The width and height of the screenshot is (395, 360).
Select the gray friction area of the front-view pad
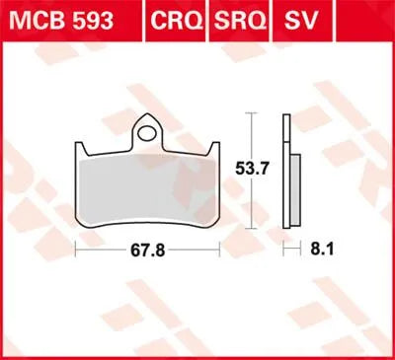pyautogui.click(x=148, y=192)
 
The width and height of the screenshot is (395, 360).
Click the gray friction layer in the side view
pyautogui.click(x=292, y=192)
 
